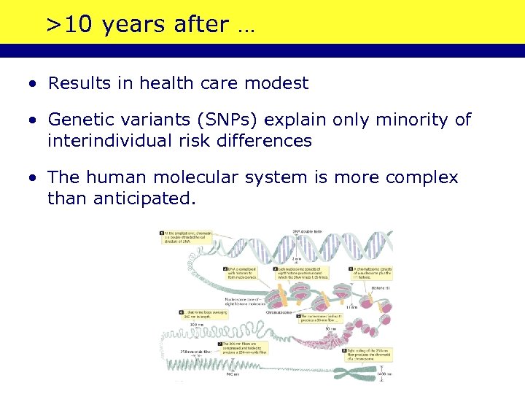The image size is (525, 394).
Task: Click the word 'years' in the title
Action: click(135, 25)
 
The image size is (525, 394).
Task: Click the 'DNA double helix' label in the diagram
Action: click(307, 231)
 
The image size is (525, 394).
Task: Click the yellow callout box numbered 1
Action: click(162, 233)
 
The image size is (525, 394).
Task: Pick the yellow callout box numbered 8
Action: click(344, 351)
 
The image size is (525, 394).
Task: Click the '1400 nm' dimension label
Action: click(384, 374)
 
